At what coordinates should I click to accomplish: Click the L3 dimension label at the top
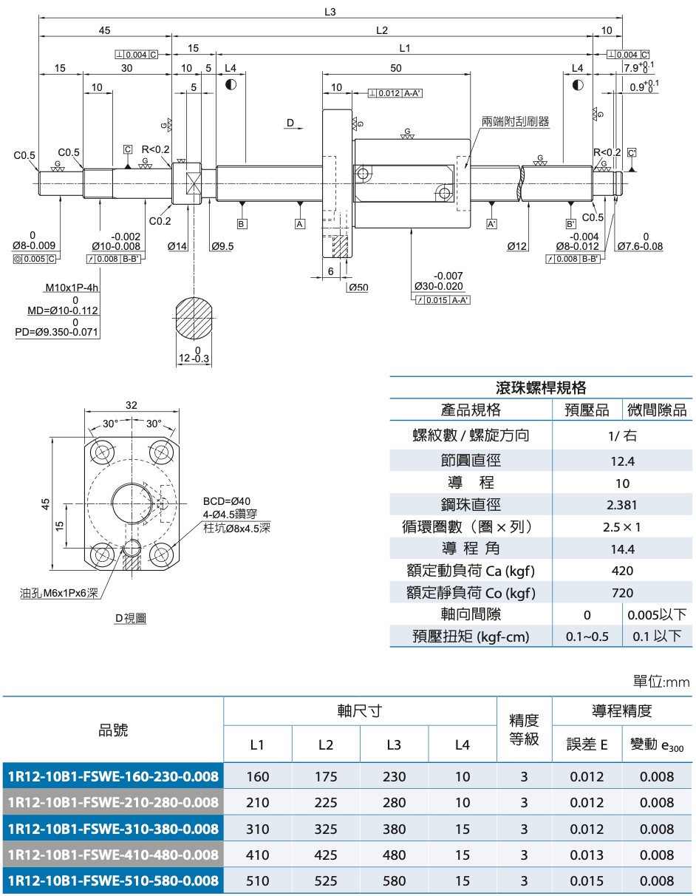pos(330,12)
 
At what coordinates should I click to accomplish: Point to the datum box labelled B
pos(242,223)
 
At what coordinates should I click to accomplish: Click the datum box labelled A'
pos(491,223)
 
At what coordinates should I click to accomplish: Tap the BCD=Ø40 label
pos(227,501)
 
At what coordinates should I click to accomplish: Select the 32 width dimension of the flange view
pos(132,405)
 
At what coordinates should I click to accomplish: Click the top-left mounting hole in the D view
pos(99,450)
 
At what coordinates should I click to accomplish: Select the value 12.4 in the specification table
pos(622,461)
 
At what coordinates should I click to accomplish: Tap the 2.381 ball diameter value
pos(622,505)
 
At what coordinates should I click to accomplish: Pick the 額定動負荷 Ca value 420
pos(622,571)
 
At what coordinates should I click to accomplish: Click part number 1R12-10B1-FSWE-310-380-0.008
pos(112,829)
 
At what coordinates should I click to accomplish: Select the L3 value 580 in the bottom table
pos(394,880)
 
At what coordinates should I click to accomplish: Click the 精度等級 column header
pos(524,729)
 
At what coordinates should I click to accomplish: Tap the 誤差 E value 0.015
pos(587,880)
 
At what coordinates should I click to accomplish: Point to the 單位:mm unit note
pos(661,682)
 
